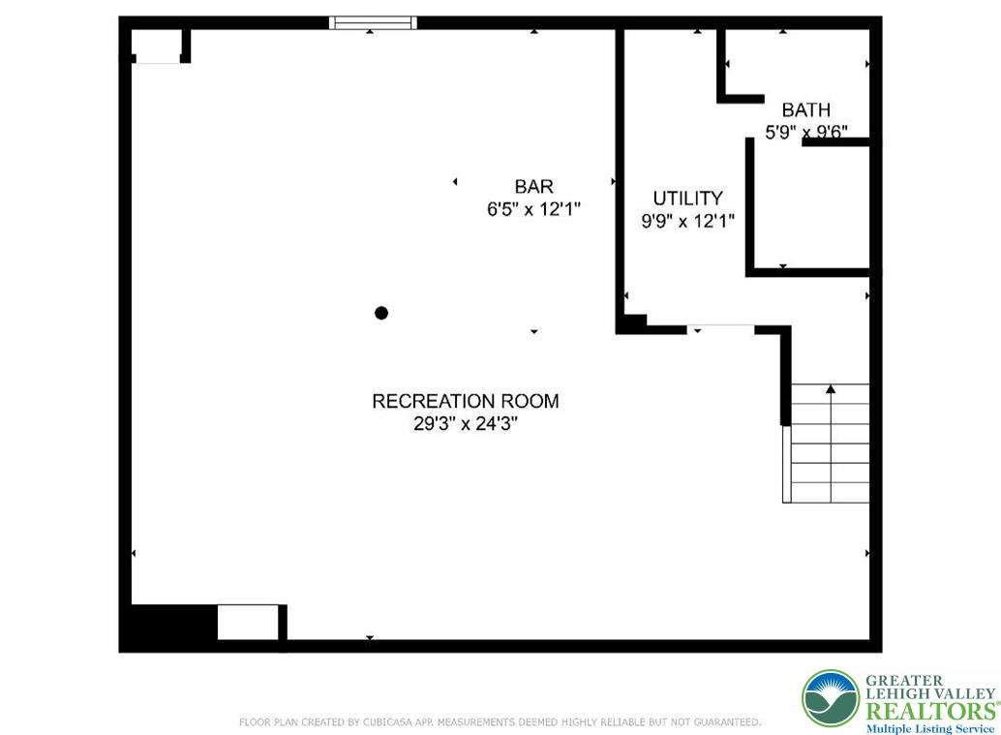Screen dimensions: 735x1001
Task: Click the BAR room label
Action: click(x=533, y=187)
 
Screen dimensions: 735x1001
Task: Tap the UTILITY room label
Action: click(x=687, y=199)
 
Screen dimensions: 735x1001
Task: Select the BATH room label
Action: click(x=805, y=110)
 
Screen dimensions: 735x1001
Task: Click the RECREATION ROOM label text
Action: click(x=466, y=401)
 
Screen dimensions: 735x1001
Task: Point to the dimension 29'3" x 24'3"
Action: click(x=466, y=424)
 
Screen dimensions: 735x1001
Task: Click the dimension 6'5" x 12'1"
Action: click(x=533, y=209)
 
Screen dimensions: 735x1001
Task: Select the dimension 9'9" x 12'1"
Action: click(x=687, y=221)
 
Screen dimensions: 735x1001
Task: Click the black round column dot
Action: click(x=381, y=313)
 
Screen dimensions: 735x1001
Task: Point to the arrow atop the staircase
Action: click(x=831, y=389)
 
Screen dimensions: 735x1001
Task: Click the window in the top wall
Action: click(x=373, y=22)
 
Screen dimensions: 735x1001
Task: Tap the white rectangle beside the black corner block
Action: click(x=247, y=622)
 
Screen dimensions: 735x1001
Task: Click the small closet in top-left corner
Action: click(x=157, y=46)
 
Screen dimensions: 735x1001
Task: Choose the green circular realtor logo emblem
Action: click(x=830, y=698)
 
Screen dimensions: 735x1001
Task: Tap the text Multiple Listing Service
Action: click(x=929, y=728)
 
